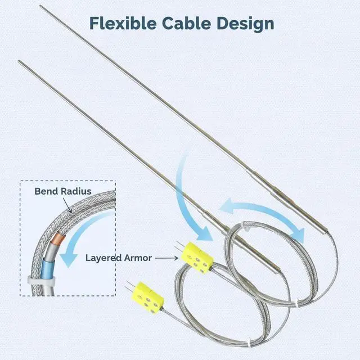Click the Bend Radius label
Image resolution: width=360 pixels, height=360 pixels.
tap(63, 191)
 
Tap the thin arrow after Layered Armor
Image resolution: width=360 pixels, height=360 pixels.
tap(166, 258)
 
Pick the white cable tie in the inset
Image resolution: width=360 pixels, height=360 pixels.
tap(41, 280)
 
